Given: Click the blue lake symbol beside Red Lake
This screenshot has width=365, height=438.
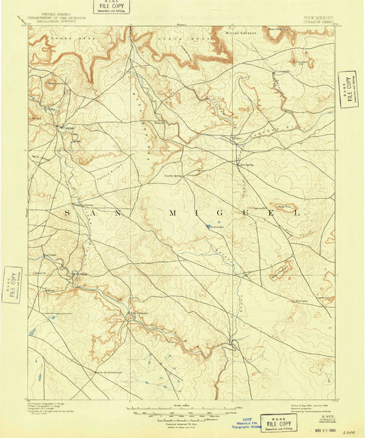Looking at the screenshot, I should (208, 228).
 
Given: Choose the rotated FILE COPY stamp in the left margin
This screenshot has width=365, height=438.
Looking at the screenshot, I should (12, 284).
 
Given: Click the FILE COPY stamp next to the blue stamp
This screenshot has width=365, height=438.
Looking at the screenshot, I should (279, 423).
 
